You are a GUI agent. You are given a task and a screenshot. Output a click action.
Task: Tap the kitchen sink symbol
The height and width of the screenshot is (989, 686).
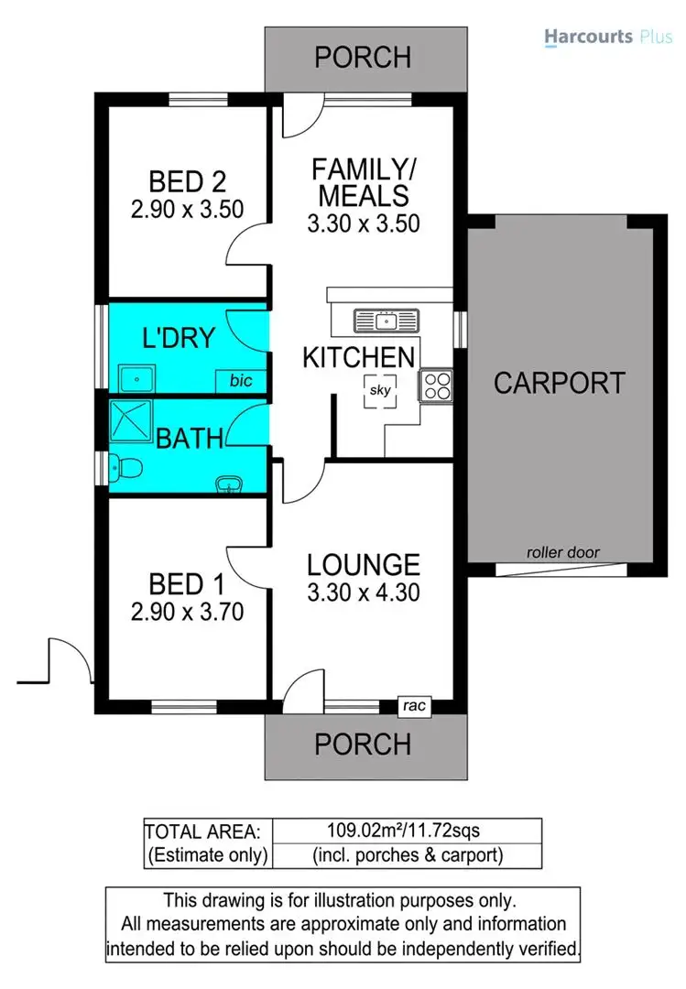[386, 321]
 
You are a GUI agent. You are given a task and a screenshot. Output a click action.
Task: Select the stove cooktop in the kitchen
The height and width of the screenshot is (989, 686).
[437, 385]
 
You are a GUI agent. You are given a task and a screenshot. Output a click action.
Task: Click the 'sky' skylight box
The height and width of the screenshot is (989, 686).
[380, 390]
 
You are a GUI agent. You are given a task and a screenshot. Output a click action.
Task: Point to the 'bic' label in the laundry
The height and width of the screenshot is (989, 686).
[241, 380]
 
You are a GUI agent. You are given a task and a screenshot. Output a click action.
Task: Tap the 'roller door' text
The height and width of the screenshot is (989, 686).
[562, 552]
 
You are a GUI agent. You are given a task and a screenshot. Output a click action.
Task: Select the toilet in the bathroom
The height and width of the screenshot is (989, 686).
[128, 470]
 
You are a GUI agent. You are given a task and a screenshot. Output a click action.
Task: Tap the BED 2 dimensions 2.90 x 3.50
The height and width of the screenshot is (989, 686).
[187, 209]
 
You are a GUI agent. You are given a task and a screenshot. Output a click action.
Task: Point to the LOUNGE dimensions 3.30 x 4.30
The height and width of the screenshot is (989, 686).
[364, 592]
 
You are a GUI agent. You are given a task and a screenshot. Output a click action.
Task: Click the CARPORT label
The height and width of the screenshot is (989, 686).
[560, 383]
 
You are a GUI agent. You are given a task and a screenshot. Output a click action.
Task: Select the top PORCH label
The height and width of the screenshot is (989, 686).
[363, 58]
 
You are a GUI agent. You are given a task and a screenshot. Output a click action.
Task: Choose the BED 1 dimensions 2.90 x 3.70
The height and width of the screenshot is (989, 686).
[187, 611]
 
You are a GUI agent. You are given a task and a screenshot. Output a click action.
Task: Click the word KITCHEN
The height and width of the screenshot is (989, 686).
[359, 357]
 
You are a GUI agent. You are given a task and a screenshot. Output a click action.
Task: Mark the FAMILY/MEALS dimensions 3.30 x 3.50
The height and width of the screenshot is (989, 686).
[364, 222]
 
